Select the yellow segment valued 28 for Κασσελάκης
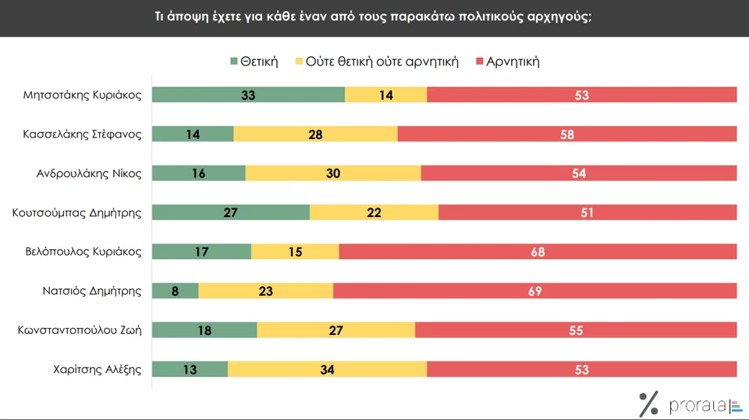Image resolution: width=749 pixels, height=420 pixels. (x=315, y=134)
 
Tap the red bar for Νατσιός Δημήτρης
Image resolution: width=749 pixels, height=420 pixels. (x=534, y=290)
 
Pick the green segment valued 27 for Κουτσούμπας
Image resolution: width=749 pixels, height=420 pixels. (x=231, y=212)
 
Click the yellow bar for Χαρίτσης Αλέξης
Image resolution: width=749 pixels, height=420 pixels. (x=327, y=368)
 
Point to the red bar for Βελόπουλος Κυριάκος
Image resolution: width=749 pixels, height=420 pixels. (x=538, y=251)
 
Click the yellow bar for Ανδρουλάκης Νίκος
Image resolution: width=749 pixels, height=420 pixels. (x=333, y=173)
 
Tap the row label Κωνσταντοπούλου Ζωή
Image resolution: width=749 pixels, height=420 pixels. (x=80, y=329)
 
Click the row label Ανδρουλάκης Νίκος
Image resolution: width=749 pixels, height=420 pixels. (x=90, y=173)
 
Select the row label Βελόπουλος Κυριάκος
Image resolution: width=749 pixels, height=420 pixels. (x=83, y=251)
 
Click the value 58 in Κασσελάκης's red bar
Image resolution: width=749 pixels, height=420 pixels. (x=567, y=134)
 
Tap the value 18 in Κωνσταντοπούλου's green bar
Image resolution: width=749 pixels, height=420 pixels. (x=204, y=329)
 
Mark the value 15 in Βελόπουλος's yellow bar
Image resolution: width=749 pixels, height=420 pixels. (x=295, y=251)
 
